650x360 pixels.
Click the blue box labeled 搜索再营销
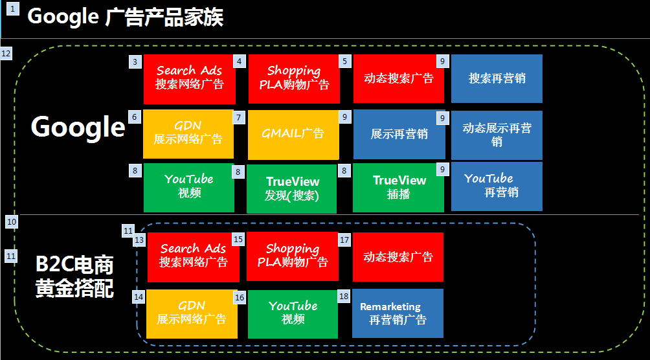(x=497, y=78)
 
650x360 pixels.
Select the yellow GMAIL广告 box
(x=293, y=135)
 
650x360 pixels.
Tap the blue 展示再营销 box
(x=399, y=135)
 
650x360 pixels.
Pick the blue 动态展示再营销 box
(x=497, y=135)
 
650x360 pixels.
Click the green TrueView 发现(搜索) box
(x=291, y=188)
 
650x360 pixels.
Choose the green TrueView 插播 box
(x=398, y=188)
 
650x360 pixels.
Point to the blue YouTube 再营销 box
(x=497, y=186)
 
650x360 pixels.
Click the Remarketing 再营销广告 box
(x=398, y=313)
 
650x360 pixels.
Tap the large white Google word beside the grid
(x=78, y=127)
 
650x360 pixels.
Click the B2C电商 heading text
(x=74, y=265)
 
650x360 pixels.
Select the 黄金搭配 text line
(x=74, y=288)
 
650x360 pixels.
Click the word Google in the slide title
(x=63, y=17)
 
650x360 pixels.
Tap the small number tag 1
(x=13, y=8)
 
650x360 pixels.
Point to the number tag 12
(x=6, y=54)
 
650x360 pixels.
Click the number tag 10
(x=12, y=222)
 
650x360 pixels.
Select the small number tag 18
(x=344, y=296)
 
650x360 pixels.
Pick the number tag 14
(x=139, y=297)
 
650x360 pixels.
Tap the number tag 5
(x=344, y=62)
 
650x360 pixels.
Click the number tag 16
(x=240, y=297)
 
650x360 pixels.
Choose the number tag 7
(x=238, y=117)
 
